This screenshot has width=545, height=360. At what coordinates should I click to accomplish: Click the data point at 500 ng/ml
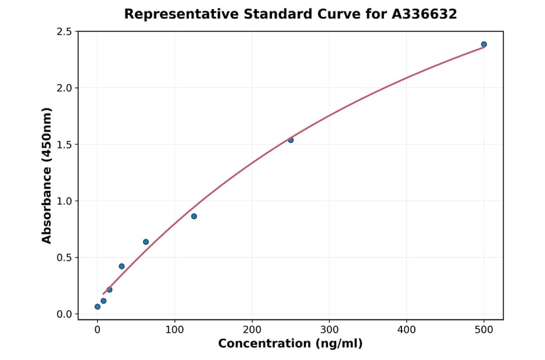click(x=484, y=44)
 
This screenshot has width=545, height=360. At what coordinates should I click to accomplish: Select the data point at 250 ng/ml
click(x=291, y=140)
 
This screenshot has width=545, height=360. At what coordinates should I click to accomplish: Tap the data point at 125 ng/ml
click(x=194, y=216)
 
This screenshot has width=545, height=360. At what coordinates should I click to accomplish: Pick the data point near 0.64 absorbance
click(x=146, y=242)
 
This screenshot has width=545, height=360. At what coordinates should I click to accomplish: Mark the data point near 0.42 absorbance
click(x=122, y=266)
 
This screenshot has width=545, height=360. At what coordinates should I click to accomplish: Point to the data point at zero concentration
click(x=97, y=307)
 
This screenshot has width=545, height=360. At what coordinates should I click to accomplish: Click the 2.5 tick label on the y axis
click(x=64, y=32)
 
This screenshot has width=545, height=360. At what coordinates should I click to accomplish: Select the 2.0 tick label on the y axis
click(x=64, y=88)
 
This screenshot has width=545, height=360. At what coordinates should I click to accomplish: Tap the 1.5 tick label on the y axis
click(x=64, y=144)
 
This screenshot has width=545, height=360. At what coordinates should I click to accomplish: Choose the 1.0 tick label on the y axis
click(x=64, y=201)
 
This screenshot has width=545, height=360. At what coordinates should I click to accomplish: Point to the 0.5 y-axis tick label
click(x=64, y=258)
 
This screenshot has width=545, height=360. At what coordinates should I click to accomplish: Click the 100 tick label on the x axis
click(x=175, y=330)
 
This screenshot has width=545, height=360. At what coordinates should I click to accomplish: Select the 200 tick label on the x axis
click(x=252, y=330)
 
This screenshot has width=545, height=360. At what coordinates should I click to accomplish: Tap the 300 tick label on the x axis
click(x=329, y=330)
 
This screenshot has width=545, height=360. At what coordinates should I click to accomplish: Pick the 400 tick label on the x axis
click(x=407, y=330)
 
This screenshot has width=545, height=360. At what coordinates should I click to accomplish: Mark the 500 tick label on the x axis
click(x=484, y=330)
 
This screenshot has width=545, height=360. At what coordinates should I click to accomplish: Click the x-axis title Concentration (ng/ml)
click(x=291, y=344)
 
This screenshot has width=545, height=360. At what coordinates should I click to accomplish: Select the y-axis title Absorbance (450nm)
click(x=47, y=175)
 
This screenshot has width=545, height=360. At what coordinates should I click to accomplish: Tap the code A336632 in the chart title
click(x=426, y=14)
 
